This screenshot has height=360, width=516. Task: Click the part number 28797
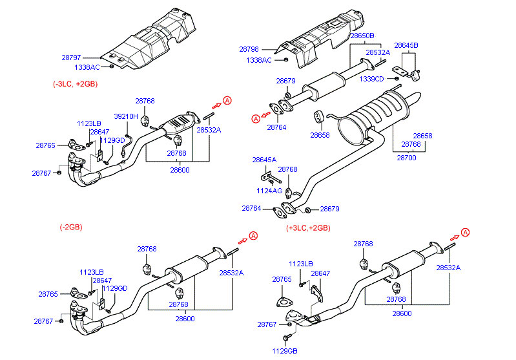click(71, 58)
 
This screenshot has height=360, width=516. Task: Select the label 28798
click(249, 49)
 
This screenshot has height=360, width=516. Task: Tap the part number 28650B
click(362, 36)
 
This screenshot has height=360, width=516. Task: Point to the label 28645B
click(406, 45)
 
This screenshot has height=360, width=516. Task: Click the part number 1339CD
click(371, 79)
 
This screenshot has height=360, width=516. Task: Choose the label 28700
click(406, 158)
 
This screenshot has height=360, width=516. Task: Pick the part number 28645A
click(264, 160)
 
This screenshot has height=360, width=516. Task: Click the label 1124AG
click(269, 191)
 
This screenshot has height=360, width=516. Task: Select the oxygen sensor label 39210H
click(126, 116)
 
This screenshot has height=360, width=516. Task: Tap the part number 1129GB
click(285, 351)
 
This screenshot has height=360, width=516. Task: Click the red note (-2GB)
click(71, 227)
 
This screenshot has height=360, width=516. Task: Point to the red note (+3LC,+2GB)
click(308, 228)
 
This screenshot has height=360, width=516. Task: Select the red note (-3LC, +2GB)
click(76, 84)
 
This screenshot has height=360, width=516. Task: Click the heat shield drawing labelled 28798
click(321, 39)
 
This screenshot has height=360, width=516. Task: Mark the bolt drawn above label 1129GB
click(287, 337)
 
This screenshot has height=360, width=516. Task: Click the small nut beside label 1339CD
click(397, 79)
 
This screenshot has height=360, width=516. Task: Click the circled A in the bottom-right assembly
click(465, 233)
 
